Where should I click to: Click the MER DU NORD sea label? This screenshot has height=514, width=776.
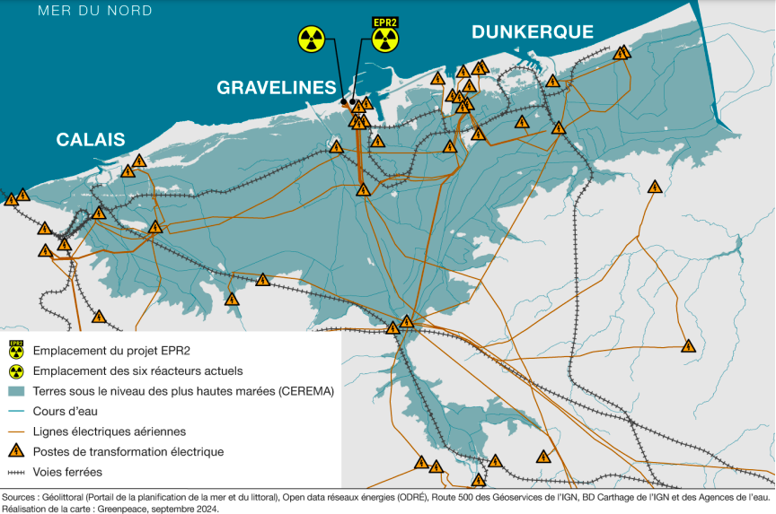[x=95, y=11]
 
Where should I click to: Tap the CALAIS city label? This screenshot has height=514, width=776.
[x=91, y=139]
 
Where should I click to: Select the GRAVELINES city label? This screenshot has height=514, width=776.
[x=277, y=87]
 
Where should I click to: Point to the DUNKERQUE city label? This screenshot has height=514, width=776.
[x=533, y=32]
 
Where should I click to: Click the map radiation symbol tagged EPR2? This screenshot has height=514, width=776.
[x=385, y=39]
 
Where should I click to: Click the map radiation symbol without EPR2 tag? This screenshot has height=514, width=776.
[x=311, y=39]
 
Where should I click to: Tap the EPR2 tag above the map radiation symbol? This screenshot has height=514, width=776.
[x=385, y=22]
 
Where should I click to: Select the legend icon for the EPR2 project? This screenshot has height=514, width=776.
[x=15, y=349]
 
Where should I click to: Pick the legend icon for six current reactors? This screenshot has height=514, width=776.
[x=15, y=370]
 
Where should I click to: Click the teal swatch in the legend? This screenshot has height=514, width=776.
[x=15, y=391]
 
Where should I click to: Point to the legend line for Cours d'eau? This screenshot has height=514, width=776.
[x=15, y=412]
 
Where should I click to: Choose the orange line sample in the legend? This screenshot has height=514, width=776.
[x=15, y=431]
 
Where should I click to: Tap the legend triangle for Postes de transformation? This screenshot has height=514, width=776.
[x=15, y=451]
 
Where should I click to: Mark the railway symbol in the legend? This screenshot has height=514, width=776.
[x=15, y=472]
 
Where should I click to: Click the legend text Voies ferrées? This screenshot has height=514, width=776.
[x=67, y=472]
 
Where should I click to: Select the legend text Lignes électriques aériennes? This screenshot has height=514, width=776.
[x=109, y=431]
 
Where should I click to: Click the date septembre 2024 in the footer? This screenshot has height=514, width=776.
[x=185, y=508]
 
